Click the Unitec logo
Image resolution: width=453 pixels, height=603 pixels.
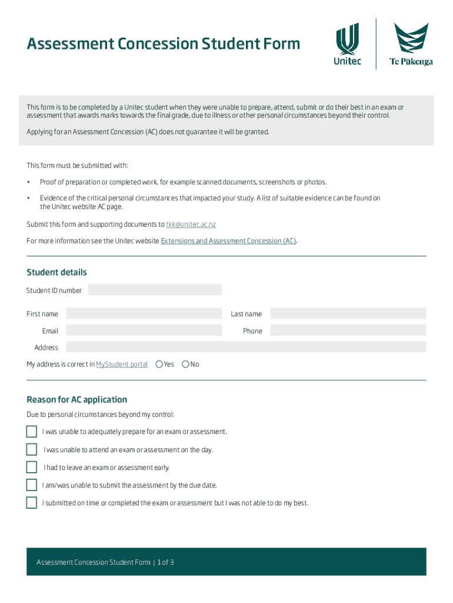[x=348, y=45]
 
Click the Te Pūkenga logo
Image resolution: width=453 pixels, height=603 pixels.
[x=411, y=45]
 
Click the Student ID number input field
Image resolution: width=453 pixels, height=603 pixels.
[x=155, y=290]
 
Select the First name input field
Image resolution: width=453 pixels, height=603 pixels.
[x=144, y=314]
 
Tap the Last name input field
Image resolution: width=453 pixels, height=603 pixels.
[x=348, y=314]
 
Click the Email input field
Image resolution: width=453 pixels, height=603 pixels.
[x=144, y=331]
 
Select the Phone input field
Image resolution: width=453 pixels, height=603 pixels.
[x=348, y=331]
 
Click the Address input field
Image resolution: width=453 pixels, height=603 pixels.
[x=246, y=347]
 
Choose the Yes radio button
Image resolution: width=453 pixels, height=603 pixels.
[x=159, y=365]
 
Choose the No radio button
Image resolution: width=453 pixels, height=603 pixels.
[x=185, y=365]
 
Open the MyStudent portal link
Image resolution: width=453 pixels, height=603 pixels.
[x=122, y=365]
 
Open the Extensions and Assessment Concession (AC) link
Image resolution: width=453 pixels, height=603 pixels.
[x=228, y=241]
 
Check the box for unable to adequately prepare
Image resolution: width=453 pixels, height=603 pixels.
[x=32, y=432]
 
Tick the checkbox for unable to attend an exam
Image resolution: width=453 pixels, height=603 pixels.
[x=32, y=450]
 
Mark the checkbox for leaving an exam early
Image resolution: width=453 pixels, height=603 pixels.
[x=32, y=468]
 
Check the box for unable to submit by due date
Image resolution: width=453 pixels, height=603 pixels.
[x=32, y=485]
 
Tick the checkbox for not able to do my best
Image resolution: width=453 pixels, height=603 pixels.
[x=32, y=503]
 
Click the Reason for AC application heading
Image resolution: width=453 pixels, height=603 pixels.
[x=76, y=400]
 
